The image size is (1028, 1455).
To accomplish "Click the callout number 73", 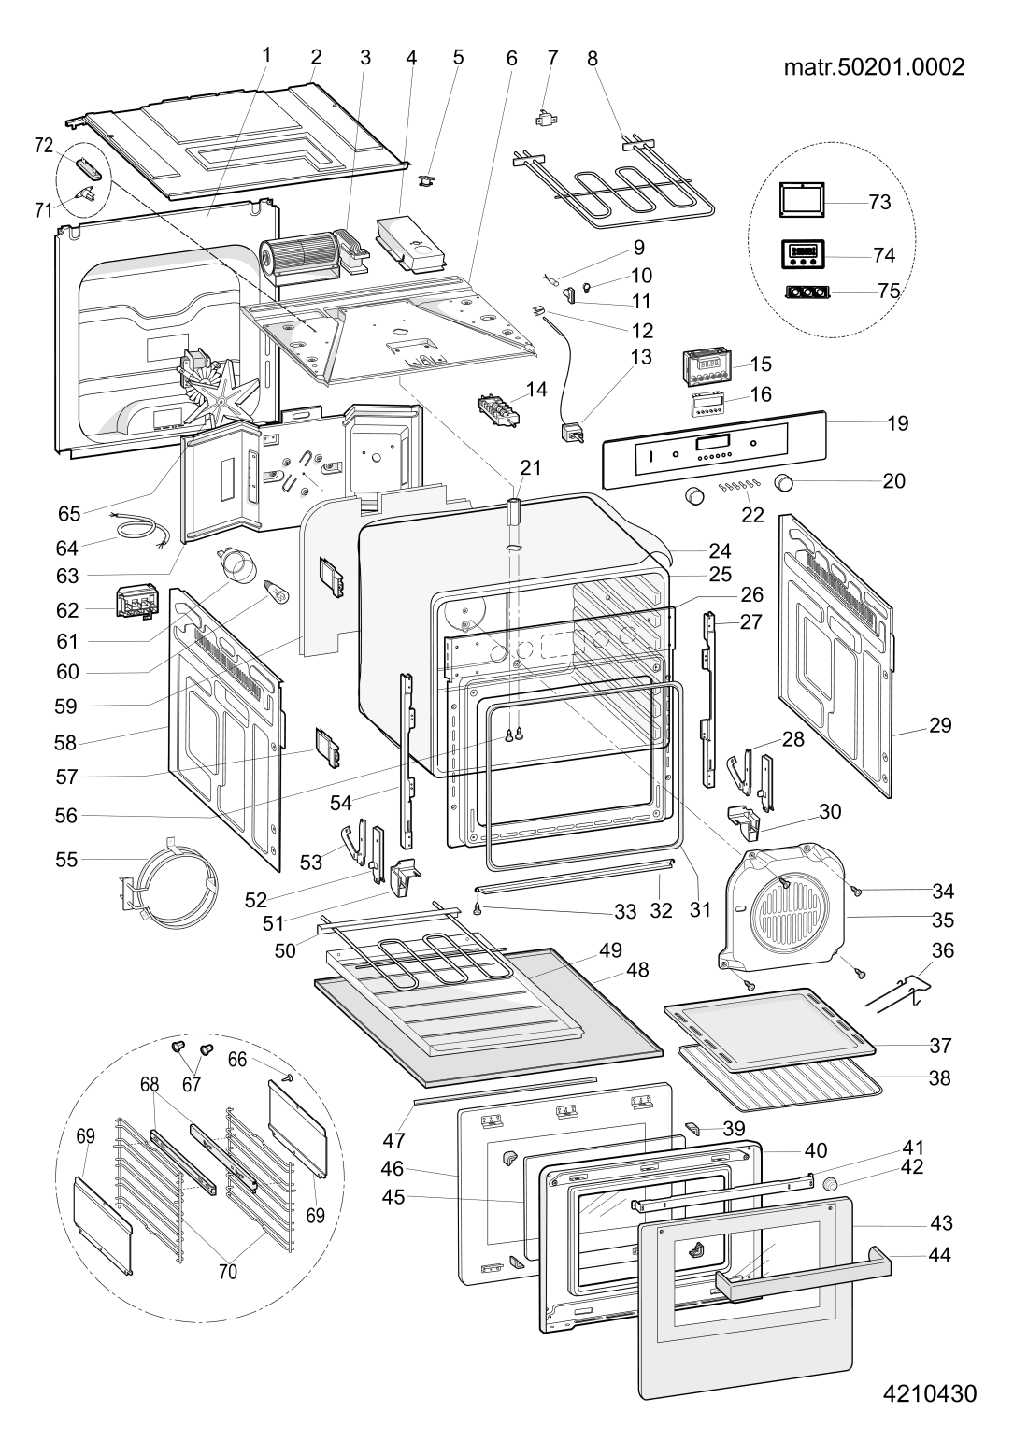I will (879, 203).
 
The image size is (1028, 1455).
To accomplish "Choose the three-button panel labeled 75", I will (807, 292).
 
